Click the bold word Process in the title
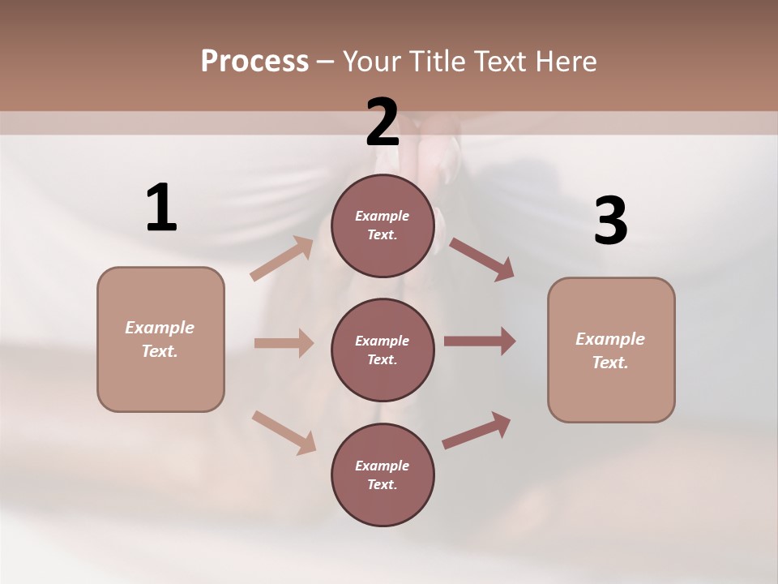254,62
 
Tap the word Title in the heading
436,62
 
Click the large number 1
160,208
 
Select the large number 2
383,122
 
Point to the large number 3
610,221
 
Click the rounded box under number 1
160,339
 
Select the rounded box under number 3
611,350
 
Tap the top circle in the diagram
383,225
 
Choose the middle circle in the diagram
383,350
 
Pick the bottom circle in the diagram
383,474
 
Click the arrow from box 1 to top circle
282,258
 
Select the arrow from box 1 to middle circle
284,343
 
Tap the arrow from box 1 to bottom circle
284,432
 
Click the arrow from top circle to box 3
481,259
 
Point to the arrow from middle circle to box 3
480,341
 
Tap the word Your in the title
373,62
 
